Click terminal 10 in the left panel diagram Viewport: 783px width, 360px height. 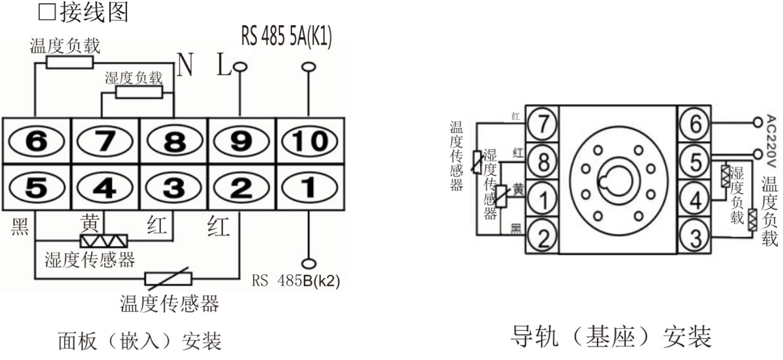pos(308,141)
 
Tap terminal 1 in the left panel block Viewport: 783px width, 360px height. pos(308,188)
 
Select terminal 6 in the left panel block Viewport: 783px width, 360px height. pos(37,141)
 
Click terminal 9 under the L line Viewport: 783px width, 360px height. pos(241,141)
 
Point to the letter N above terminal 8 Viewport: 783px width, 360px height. pos(186,66)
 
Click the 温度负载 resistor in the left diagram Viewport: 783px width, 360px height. pos(69,62)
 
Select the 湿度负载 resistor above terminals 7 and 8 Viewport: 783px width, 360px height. pos(139,92)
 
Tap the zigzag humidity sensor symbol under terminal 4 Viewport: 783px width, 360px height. pos(104,241)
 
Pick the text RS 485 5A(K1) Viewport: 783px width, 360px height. pos(286,37)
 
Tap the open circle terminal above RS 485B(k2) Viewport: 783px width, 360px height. pos(309,262)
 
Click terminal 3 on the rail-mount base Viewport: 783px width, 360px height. pos(694,237)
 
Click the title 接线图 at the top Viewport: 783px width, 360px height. pos(93,13)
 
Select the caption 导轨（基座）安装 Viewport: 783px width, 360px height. pos(611,337)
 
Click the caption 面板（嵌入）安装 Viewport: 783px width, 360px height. pos(139,341)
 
